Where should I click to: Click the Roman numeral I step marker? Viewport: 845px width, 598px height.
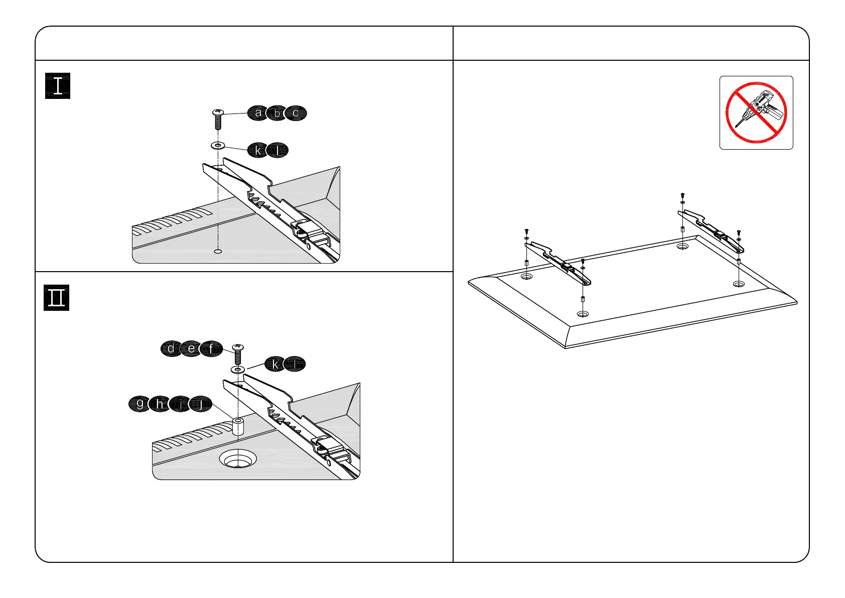pyautogui.click(x=58, y=86)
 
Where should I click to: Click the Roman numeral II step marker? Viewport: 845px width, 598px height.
pyautogui.click(x=56, y=298)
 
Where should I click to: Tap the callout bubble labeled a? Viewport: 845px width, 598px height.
pyautogui.click(x=258, y=113)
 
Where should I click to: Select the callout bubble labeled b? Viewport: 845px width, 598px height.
pyautogui.click(x=276, y=113)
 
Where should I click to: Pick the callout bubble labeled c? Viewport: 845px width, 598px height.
pyautogui.click(x=296, y=113)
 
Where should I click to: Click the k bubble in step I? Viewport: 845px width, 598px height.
pyautogui.click(x=258, y=150)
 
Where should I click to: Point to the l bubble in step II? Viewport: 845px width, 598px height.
pyautogui.click(x=295, y=364)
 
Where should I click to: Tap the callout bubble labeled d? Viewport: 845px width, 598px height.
pyautogui.click(x=172, y=348)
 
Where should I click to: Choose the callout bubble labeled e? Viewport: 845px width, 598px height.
pyautogui.click(x=191, y=348)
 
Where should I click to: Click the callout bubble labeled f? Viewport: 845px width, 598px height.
pyautogui.click(x=211, y=348)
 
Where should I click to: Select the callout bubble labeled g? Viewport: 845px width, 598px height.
pyautogui.click(x=139, y=404)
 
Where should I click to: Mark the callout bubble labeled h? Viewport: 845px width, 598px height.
pyautogui.click(x=160, y=404)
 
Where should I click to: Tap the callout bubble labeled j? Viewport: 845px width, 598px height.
pyautogui.click(x=201, y=404)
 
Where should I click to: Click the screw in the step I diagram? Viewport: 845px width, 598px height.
pyautogui.click(x=218, y=119)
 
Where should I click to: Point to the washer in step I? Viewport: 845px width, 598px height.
pyautogui.click(x=218, y=146)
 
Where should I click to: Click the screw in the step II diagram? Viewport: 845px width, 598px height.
pyautogui.click(x=238, y=354)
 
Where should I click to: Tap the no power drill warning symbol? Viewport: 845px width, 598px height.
pyautogui.click(x=756, y=112)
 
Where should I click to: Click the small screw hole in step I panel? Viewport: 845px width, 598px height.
pyautogui.click(x=218, y=251)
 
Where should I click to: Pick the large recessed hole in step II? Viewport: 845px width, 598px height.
pyautogui.click(x=238, y=458)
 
